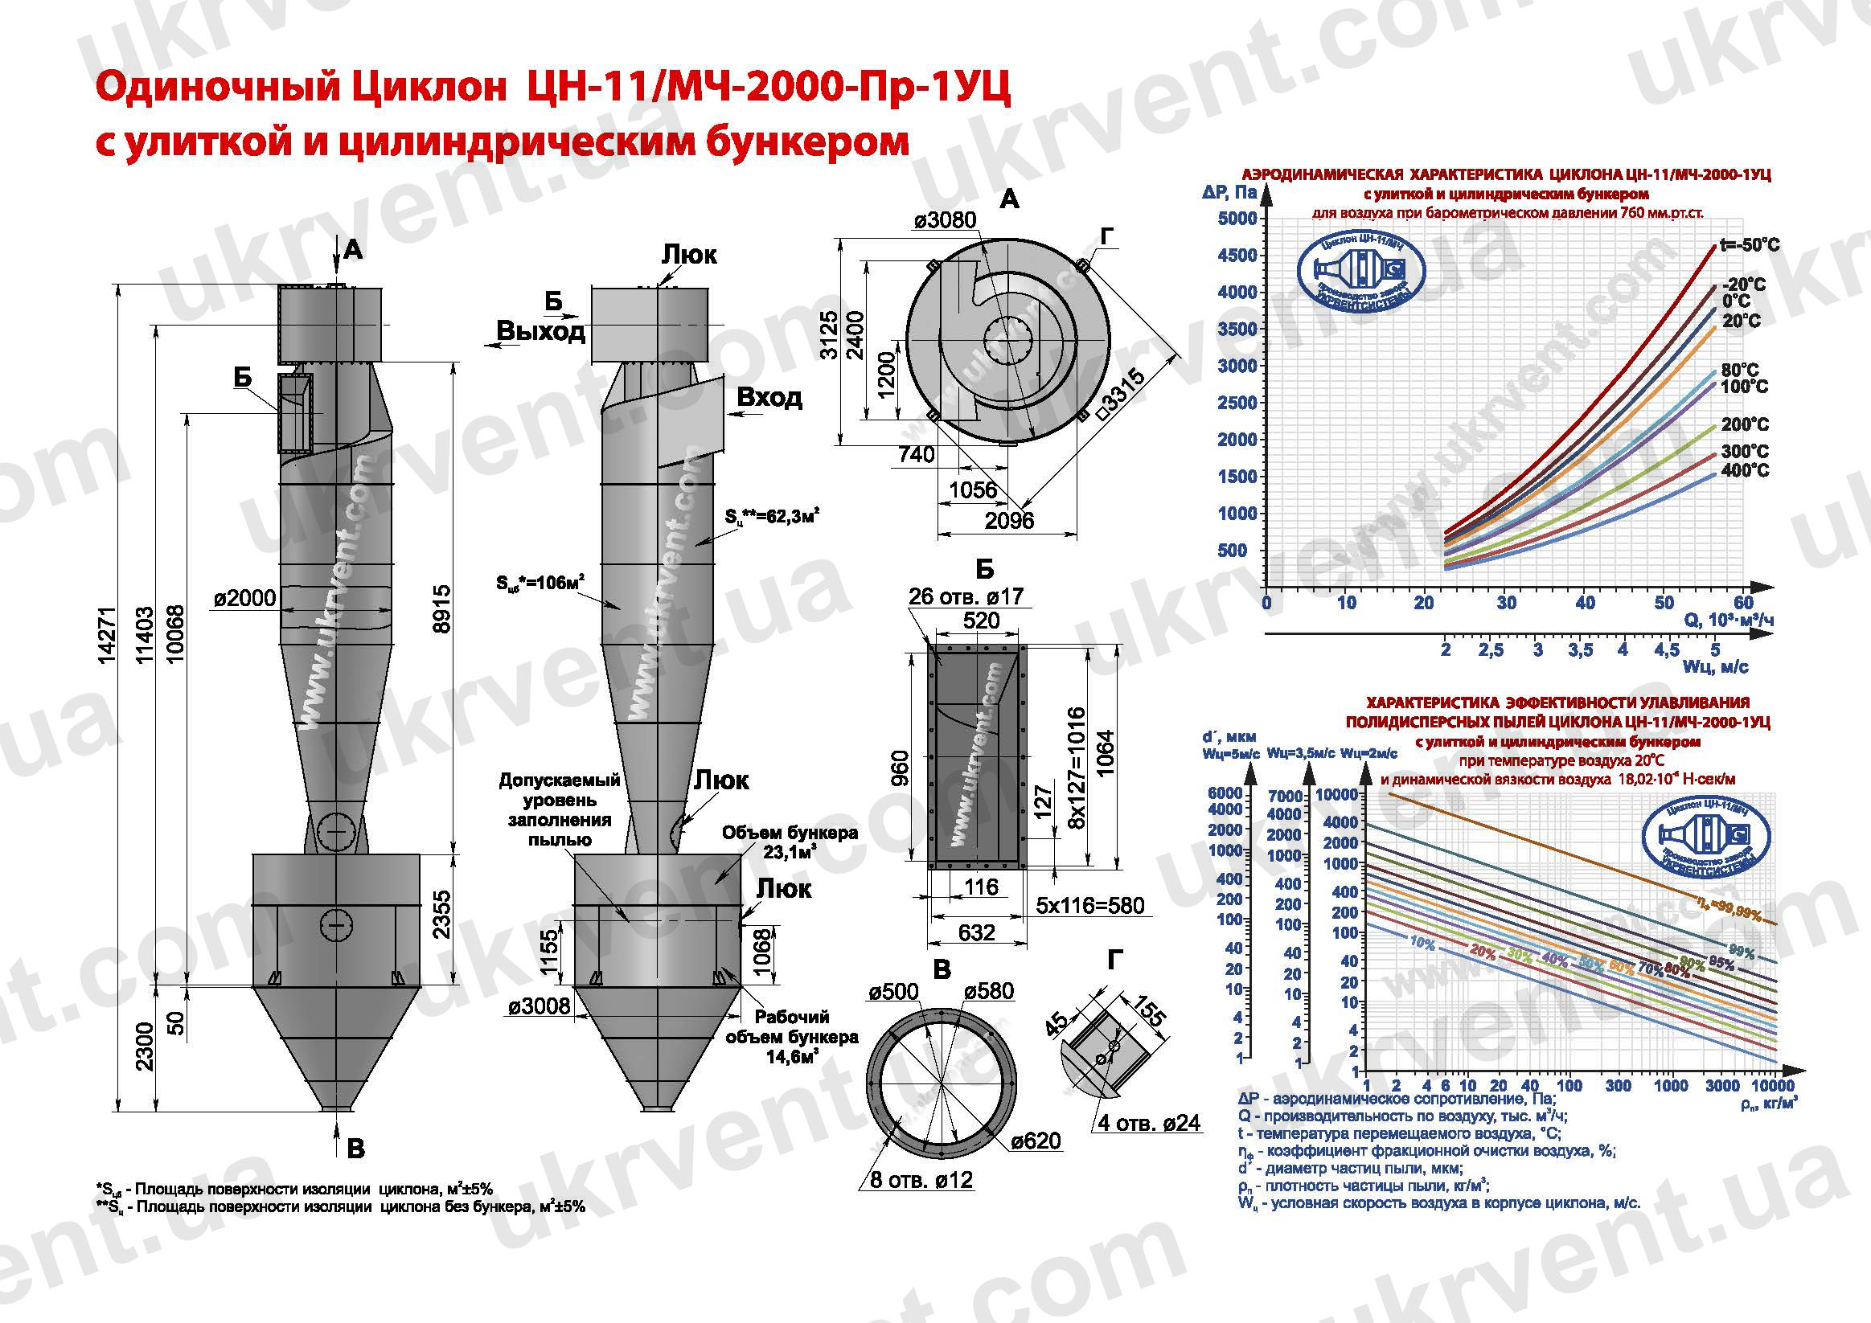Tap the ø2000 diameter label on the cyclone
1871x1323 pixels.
pos(244,599)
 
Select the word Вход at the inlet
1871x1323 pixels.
pos(769,398)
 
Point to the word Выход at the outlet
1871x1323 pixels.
pos(541,332)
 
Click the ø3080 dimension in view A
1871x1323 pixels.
pos(945,220)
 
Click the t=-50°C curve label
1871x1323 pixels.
pos(1749,245)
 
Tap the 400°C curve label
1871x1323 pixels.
pos(1745,470)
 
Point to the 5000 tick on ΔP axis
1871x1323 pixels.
pos(1237,219)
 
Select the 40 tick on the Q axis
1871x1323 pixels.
pos(1584,603)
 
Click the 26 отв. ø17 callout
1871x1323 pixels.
pos(965,596)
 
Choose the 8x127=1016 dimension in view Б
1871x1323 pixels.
pos(1077,756)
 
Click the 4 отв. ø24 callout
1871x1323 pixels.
pos(1149,1124)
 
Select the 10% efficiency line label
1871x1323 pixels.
pos(1422,943)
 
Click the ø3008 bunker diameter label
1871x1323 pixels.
pos(540,1007)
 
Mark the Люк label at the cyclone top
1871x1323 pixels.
pos(688,255)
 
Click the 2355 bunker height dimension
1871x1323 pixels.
pos(441,914)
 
